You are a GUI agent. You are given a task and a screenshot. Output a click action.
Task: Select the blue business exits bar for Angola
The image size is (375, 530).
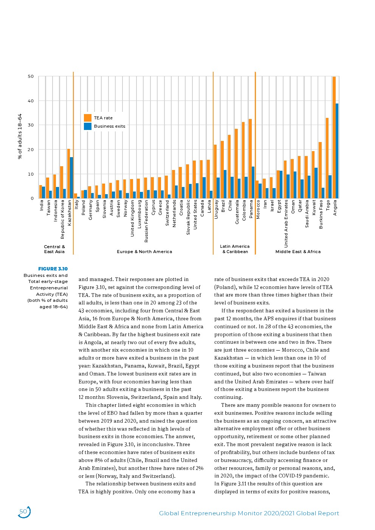pyautogui.click(x=337, y=151)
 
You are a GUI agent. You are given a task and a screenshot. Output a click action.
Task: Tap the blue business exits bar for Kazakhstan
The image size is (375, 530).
pyautogui.click(x=71, y=178)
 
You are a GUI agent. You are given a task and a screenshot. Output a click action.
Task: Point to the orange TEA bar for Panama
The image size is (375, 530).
pyautogui.click(x=250, y=158)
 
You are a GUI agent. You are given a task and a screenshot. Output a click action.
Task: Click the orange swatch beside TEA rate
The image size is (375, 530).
pyautogui.click(x=88, y=118)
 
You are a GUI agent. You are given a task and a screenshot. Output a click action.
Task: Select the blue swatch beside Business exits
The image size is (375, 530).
pyautogui.click(x=88, y=126)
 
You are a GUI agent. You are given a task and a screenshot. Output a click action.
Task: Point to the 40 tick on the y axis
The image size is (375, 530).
pyautogui.click(x=31, y=101)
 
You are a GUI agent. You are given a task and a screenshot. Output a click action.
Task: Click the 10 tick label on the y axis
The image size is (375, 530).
pyautogui.click(x=31, y=174)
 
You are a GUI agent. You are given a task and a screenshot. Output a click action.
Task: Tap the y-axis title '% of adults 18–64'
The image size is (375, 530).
pyautogui.click(x=20, y=136)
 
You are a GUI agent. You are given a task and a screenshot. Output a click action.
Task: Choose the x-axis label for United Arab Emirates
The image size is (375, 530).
pyautogui.click(x=286, y=223)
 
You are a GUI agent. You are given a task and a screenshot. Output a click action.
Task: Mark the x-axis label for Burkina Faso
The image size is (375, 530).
pyautogui.click(x=321, y=214)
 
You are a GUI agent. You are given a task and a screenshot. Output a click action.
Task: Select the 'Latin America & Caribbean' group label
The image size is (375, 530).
pyautogui.click(x=235, y=249)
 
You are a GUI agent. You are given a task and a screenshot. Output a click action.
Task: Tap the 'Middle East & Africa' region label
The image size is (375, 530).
pyautogui.click(x=298, y=252)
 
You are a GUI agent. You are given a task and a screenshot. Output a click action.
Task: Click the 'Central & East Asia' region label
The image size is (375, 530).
pyautogui.click(x=54, y=249)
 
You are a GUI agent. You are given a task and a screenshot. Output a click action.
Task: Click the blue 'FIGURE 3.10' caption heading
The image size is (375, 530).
pyautogui.click(x=53, y=269)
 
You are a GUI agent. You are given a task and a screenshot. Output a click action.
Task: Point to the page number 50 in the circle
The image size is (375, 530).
pyautogui.click(x=23, y=511)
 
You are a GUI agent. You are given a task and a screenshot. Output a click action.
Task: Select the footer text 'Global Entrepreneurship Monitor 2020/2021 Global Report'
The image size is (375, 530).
pyautogui.click(x=249, y=513)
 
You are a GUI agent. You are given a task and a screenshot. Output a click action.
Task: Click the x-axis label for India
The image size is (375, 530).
pyautogui.click(x=42, y=205)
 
